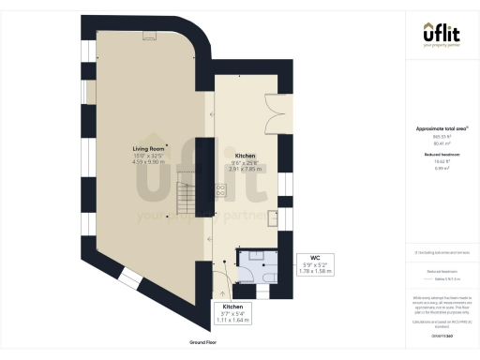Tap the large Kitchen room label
point(246,156)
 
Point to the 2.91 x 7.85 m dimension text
point(246,170)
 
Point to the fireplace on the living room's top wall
point(149,36)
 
